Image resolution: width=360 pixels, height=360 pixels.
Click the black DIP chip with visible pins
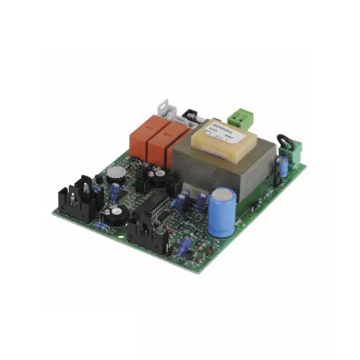tap(158, 209)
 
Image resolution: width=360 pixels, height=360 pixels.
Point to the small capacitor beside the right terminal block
tap(282, 167)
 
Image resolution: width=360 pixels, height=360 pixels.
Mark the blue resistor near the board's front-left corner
tap(103, 227)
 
